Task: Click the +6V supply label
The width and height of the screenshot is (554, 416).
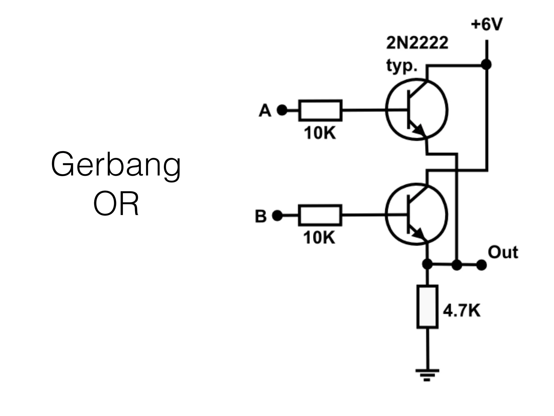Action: [486, 25]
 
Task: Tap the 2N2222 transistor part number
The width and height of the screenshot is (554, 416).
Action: [417, 43]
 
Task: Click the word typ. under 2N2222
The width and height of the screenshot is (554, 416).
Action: [401, 66]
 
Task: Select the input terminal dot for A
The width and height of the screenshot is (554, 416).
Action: [282, 110]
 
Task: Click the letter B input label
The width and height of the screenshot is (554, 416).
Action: [261, 216]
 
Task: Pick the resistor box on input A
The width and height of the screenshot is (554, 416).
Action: [320, 110]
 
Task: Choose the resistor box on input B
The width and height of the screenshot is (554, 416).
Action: [320, 215]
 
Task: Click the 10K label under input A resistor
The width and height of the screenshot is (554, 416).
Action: [320, 134]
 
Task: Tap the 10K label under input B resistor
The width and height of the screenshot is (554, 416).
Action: [319, 238]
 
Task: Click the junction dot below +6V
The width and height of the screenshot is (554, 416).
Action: [486, 65]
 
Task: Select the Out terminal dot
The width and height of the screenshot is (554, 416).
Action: [481, 265]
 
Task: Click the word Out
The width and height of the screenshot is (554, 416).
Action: [503, 252]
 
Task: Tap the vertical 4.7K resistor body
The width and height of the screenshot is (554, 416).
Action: [427, 307]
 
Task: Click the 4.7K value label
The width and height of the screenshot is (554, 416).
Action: [461, 311]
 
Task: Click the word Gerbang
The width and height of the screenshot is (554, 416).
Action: [116, 165]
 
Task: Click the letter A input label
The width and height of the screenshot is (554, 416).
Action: [265, 111]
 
